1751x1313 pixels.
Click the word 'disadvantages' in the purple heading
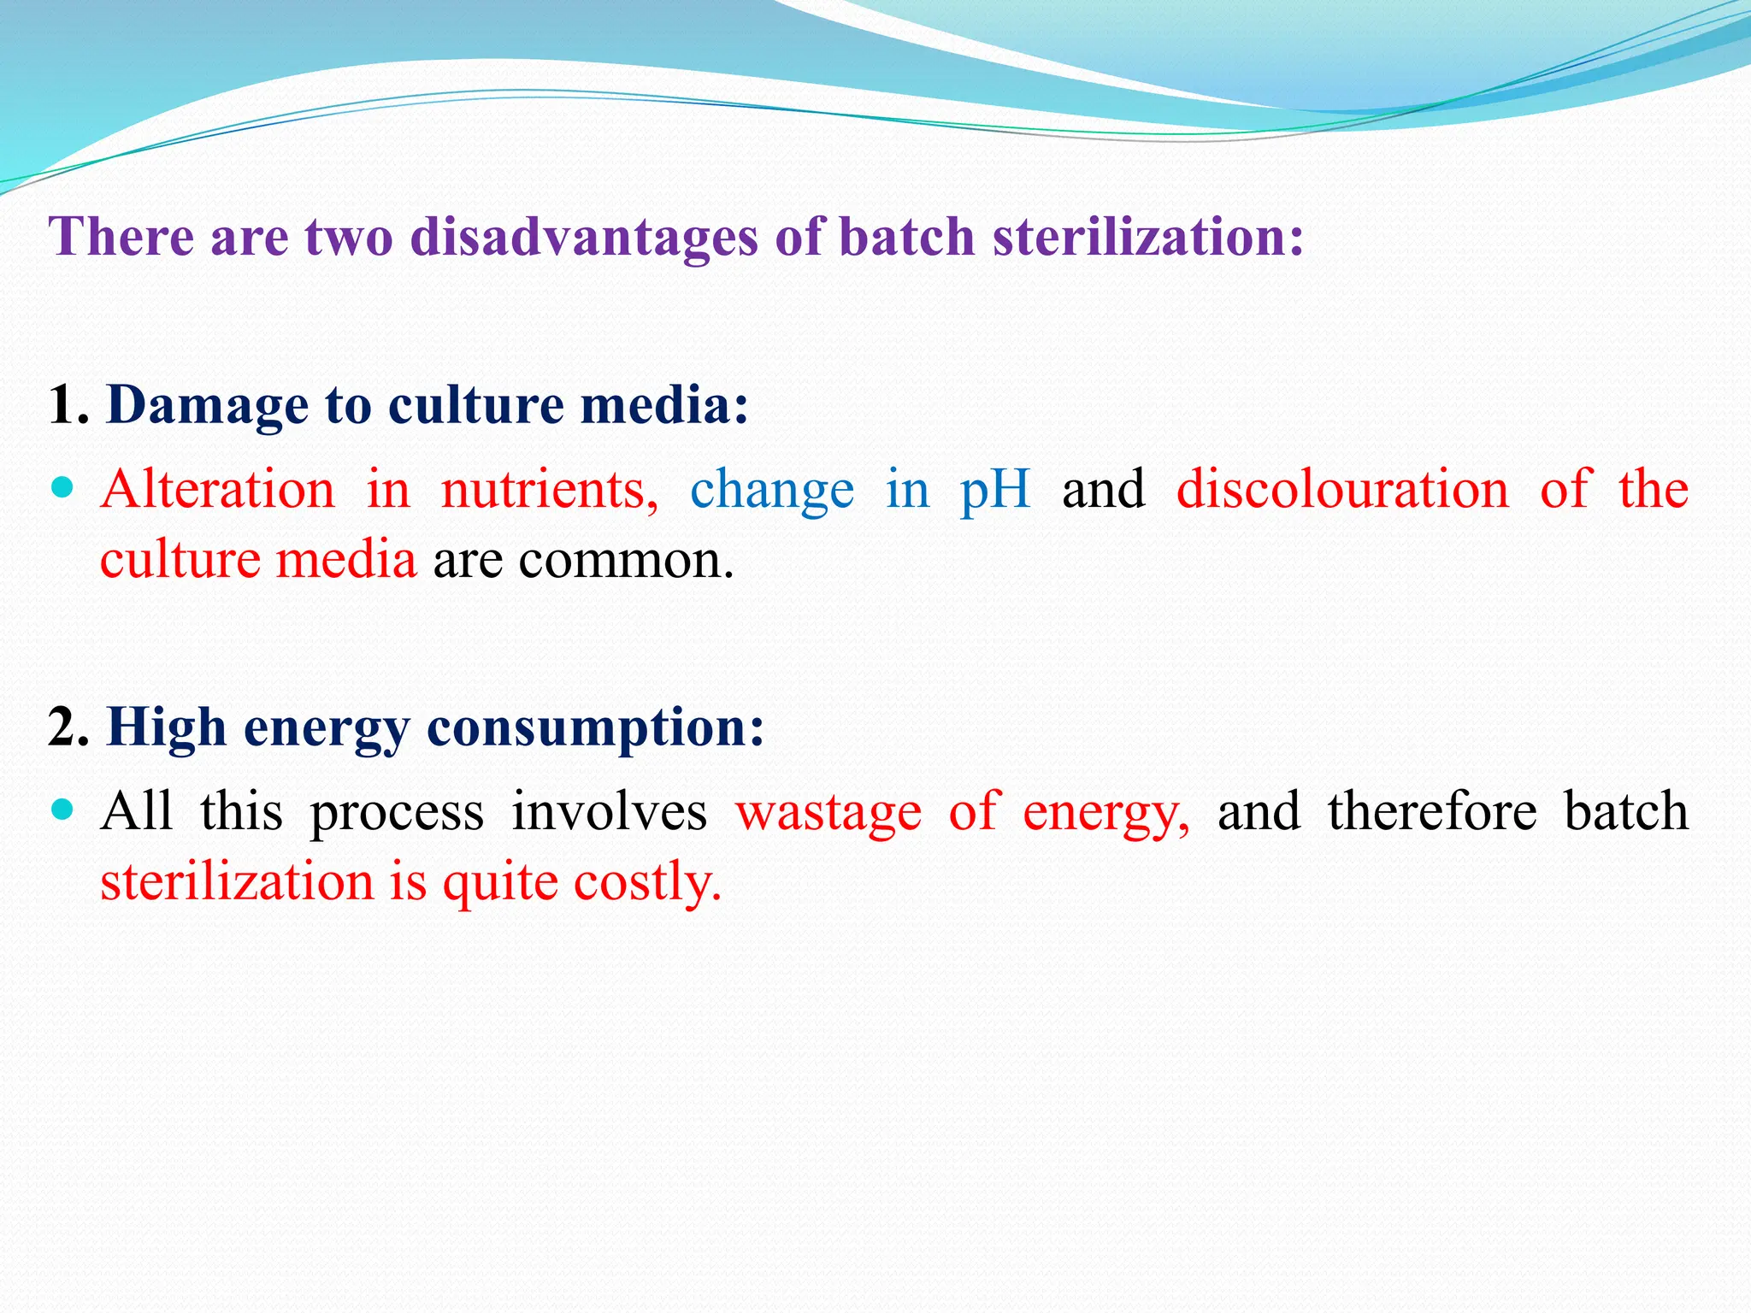coord(584,237)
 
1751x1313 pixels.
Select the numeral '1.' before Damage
coord(68,405)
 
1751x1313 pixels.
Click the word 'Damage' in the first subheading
coord(207,405)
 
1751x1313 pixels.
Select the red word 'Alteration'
coord(218,490)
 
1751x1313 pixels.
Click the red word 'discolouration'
coord(1343,490)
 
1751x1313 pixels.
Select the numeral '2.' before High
coord(68,727)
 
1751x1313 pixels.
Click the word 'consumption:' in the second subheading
coord(595,729)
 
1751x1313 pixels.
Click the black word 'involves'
coord(609,811)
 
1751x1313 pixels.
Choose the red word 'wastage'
coord(828,813)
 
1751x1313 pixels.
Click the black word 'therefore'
coord(1432,811)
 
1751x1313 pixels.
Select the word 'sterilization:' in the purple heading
coord(1148,237)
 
